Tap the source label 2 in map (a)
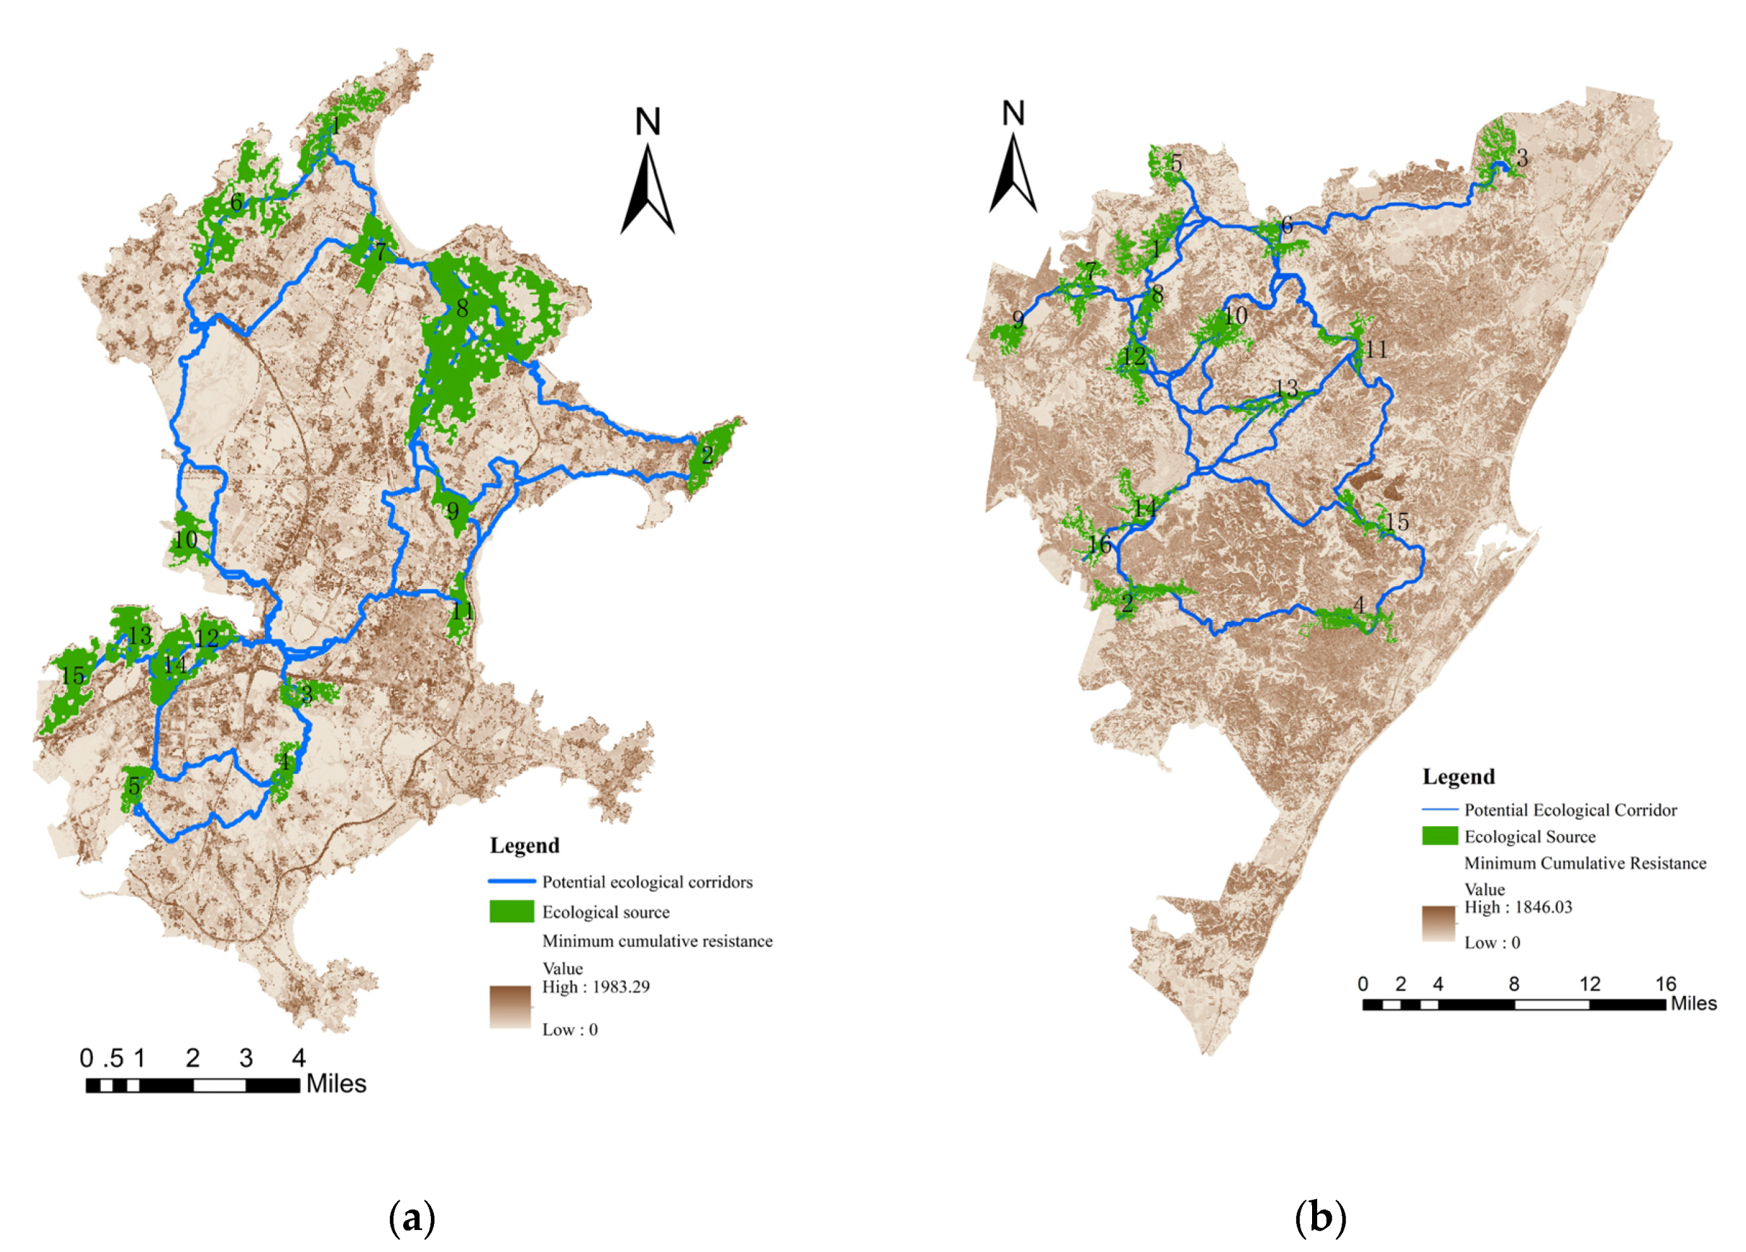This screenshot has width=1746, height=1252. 708,455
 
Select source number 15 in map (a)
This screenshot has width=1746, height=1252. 73,676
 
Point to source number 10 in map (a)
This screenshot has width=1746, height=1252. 186,540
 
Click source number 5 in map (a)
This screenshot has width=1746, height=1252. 134,786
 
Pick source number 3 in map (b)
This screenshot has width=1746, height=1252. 1522,159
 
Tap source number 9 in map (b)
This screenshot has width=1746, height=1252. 1018,320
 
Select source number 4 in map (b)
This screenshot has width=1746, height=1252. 1360,605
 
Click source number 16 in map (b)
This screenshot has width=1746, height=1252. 1099,545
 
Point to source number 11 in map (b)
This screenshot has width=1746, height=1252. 1376,350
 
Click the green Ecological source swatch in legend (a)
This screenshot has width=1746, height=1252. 512,912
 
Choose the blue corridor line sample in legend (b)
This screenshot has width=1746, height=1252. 1439,810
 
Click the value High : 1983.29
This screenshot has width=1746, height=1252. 596,987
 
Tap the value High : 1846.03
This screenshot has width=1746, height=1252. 1518,907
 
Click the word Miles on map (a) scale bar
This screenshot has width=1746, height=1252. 337,1084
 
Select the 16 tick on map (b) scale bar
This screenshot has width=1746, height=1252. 1666,984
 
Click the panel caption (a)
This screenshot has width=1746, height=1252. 413,1219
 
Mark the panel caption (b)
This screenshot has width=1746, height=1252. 1320,1218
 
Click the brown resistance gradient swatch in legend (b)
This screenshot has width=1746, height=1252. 1439,923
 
